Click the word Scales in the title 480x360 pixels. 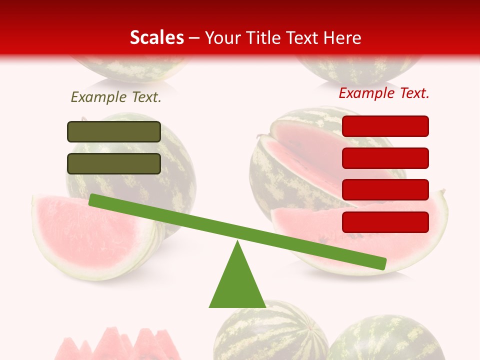click(x=156, y=38)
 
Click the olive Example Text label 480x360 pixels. click(x=116, y=97)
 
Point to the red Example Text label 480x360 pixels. click(x=384, y=93)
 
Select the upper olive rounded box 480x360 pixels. click(x=114, y=131)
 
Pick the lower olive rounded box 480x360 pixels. click(x=114, y=163)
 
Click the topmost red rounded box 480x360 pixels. click(x=385, y=126)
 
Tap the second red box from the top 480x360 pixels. click(x=385, y=158)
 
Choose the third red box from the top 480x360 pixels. click(x=385, y=190)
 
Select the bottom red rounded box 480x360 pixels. click(x=385, y=222)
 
